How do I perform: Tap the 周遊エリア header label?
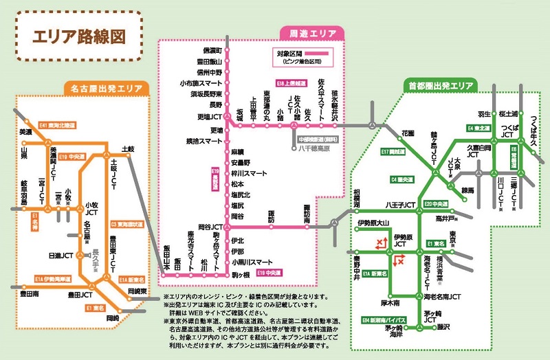[x=308, y=32]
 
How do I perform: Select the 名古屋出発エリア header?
[x=102, y=88]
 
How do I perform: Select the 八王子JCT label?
[x=401, y=205]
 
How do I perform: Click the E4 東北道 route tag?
[x=479, y=128]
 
